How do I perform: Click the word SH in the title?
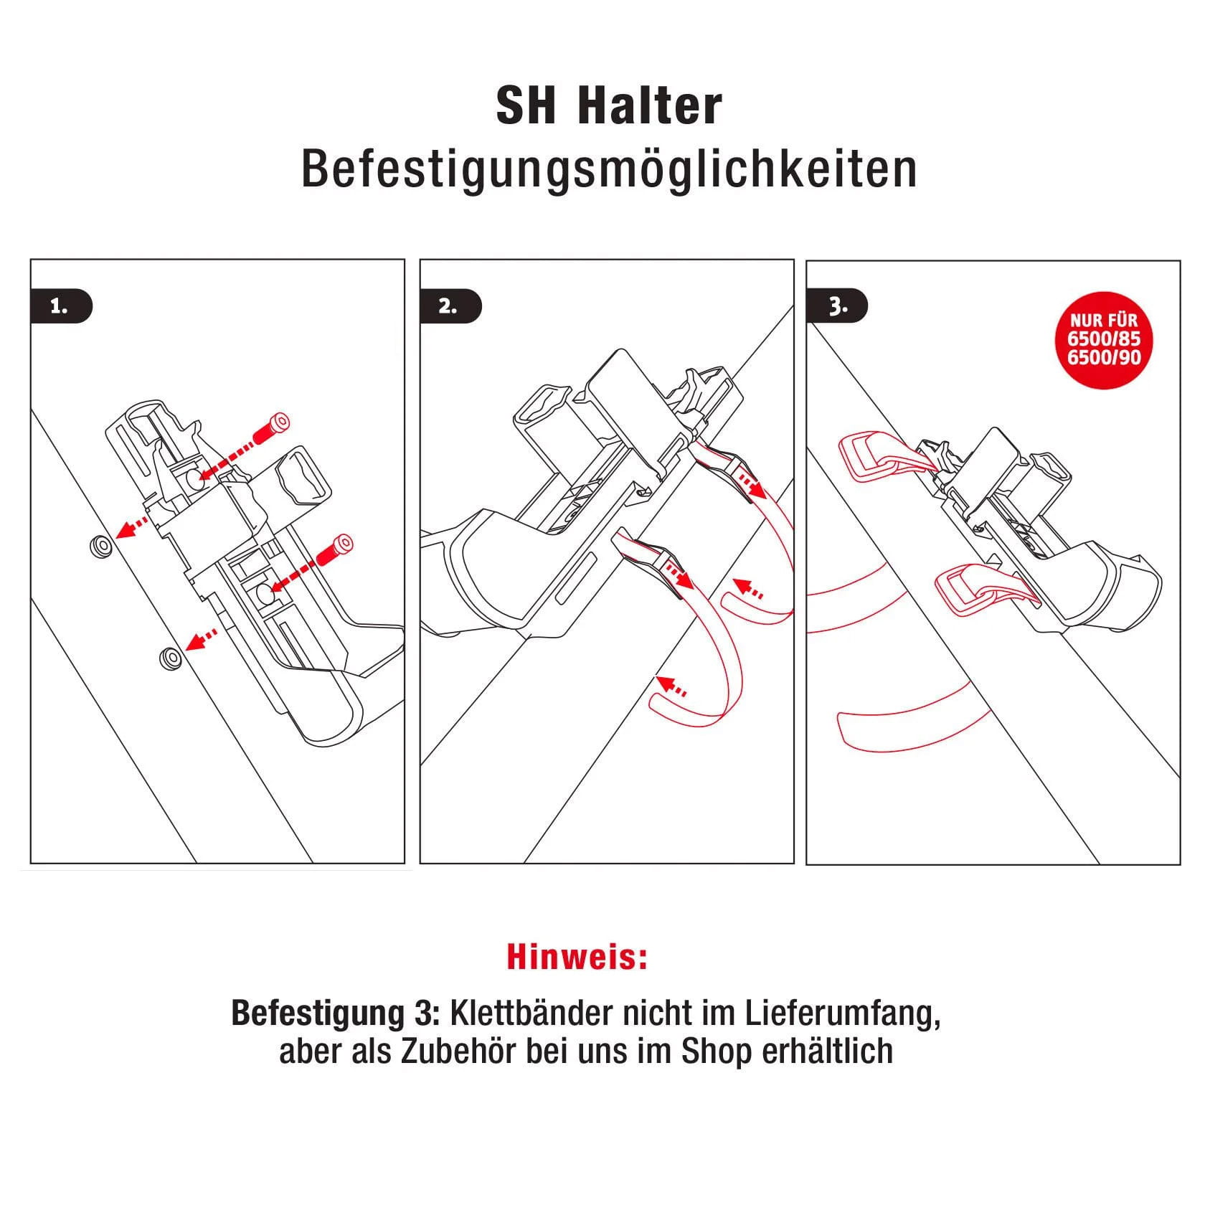pyautogui.click(x=526, y=106)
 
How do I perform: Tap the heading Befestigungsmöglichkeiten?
pyautogui.click(x=609, y=169)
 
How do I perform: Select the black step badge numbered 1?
pyautogui.click(x=62, y=307)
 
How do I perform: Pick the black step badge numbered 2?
pyautogui.click(x=450, y=307)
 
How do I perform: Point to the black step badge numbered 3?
pyautogui.click(x=838, y=307)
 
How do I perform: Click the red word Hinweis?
pyautogui.click(x=577, y=957)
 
